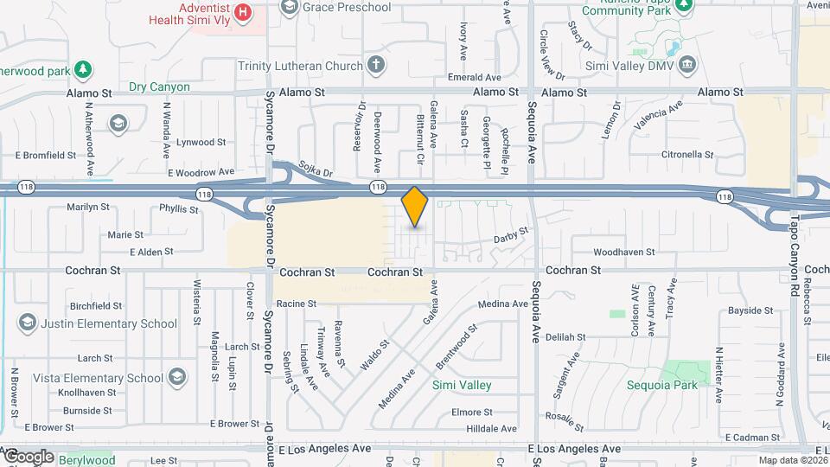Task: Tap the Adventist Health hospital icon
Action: pos(244,12)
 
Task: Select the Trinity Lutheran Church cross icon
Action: pos(375,64)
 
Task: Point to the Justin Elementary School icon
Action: pos(27,323)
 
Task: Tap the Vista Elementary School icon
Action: pos(177,377)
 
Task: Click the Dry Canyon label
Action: pos(158,86)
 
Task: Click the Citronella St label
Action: pos(685,155)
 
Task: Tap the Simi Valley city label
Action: pos(462,385)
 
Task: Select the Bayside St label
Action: pos(750,310)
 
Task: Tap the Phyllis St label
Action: pos(179,208)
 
